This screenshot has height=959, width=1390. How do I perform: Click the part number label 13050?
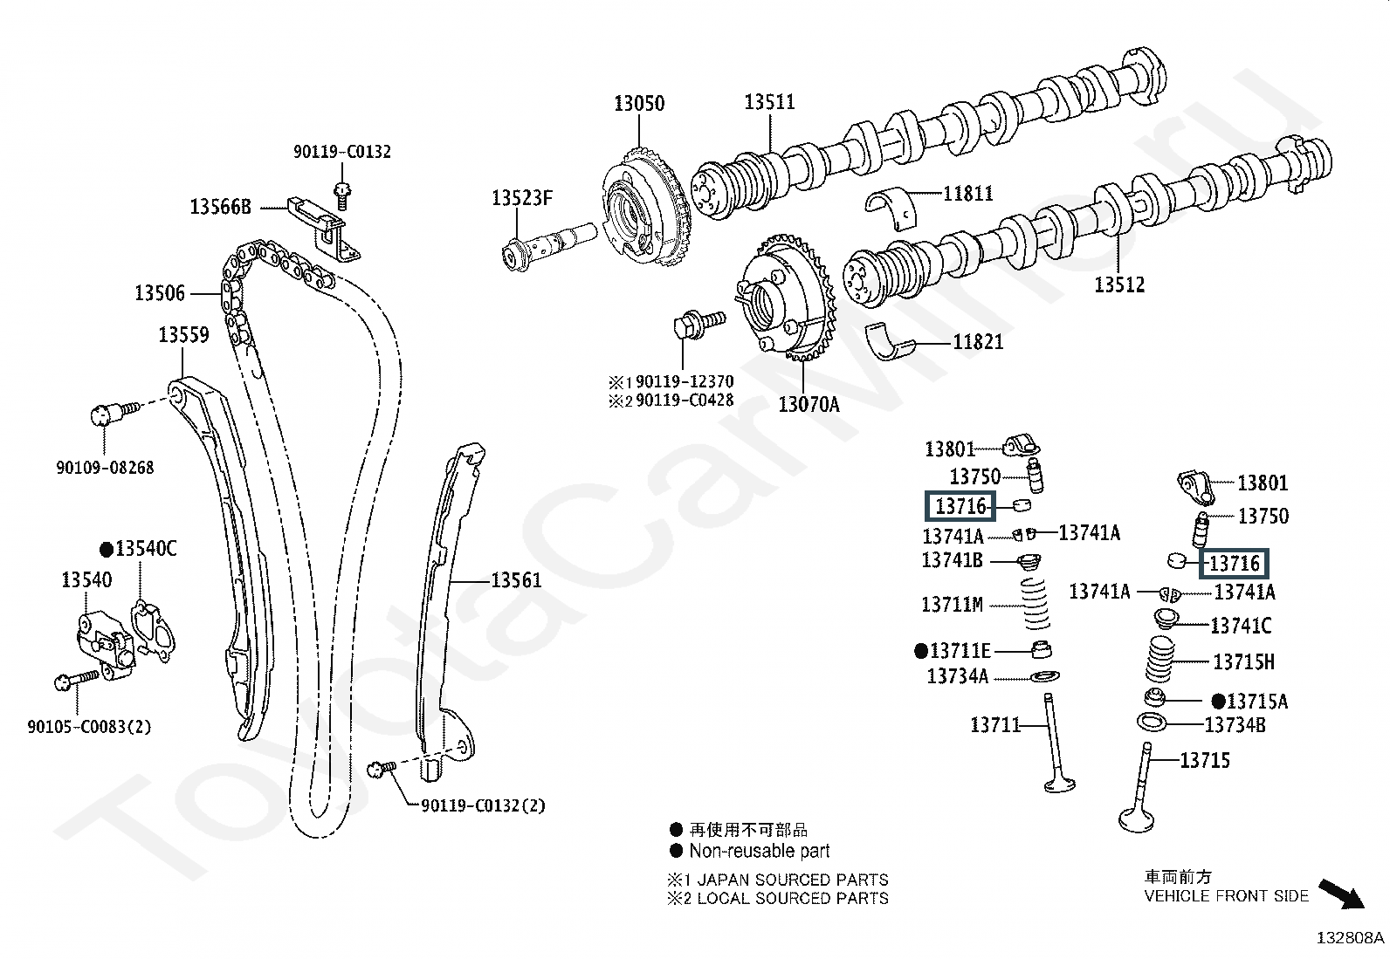click(638, 104)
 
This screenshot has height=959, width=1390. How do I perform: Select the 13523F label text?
click(522, 198)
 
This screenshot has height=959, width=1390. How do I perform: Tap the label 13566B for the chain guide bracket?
click(221, 207)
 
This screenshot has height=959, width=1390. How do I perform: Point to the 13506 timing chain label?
click(160, 293)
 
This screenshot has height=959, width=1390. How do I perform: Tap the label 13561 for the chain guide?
click(516, 580)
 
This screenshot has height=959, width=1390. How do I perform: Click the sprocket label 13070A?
click(809, 404)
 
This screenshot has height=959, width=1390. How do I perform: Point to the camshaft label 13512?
click(1119, 285)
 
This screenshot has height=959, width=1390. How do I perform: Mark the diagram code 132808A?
click(1350, 939)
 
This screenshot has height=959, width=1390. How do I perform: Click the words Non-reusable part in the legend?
click(759, 851)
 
